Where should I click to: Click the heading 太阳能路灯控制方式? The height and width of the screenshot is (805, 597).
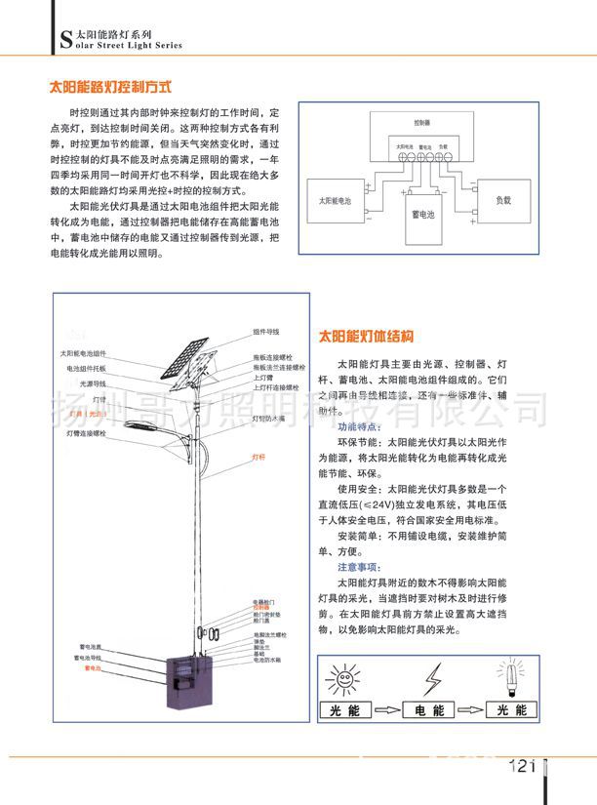[110, 86]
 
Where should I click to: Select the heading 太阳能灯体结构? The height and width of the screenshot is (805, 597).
[367, 337]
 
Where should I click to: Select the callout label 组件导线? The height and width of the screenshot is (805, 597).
[266, 332]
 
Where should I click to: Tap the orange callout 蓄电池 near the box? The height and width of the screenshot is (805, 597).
[93, 669]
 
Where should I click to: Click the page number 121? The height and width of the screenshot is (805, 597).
[523, 766]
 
